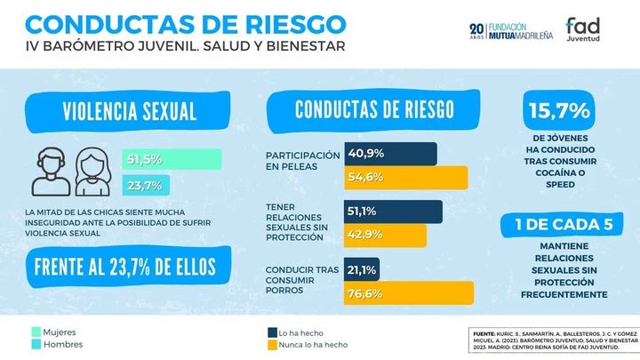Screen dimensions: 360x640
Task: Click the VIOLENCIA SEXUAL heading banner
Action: [130, 112]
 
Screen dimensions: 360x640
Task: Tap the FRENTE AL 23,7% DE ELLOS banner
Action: [130, 267]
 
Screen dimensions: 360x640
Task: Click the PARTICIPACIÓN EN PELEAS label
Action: [302, 160]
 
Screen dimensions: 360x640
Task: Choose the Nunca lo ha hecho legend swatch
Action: [272, 344]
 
